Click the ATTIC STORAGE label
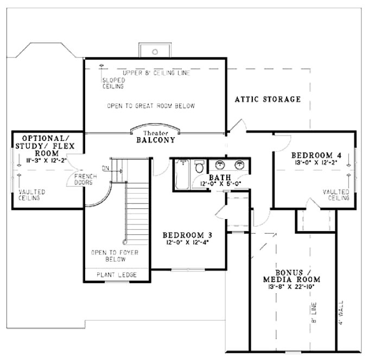pyautogui.click(x=268, y=99)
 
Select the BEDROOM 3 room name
pyautogui.click(x=187, y=235)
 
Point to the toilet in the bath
pyautogui.click(x=199, y=166)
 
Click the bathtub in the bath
pyautogui.click(x=181, y=175)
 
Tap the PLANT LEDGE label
pyautogui.click(x=117, y=275)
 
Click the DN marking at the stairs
pyautogui.click(x=105, y=168)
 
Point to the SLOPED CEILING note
pyautogui.click(x=113, y=83)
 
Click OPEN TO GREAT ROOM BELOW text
pyautogui.click(x=151, y=106)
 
